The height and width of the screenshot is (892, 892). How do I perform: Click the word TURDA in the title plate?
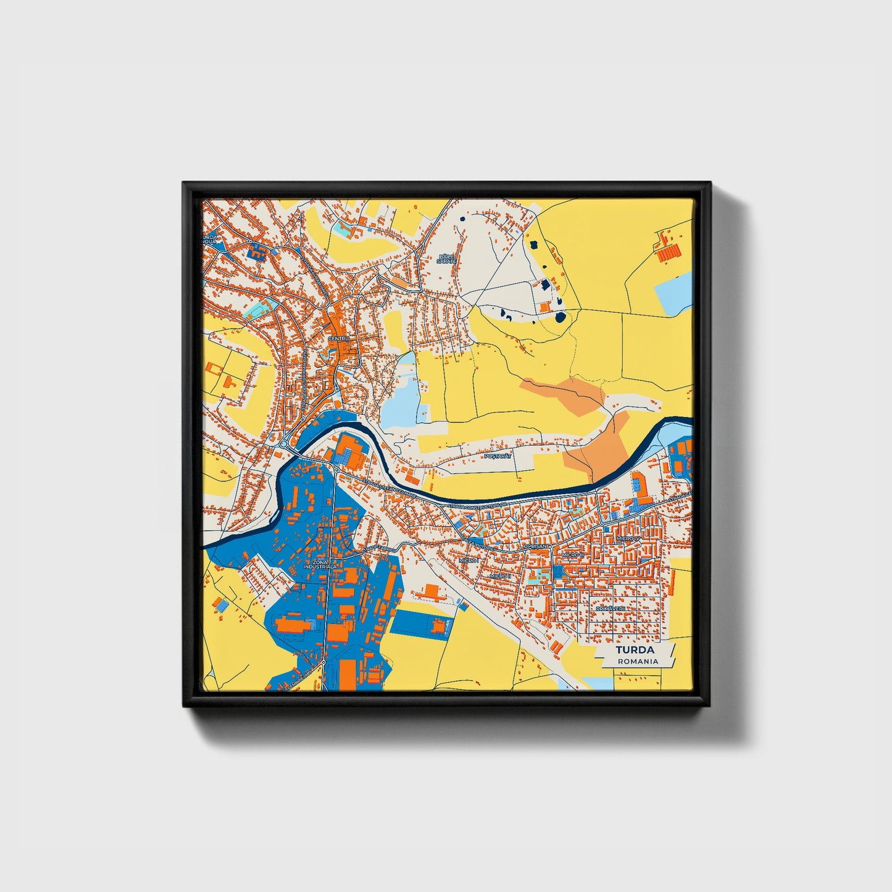tap(635, 650)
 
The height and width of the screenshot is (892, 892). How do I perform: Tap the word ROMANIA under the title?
tap(638, 661)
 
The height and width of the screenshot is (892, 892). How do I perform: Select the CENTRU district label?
tap(339, 339)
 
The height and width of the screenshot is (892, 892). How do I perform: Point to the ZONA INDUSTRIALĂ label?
tap(320, 564)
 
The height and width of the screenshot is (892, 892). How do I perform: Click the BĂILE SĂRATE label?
tap(446, 258)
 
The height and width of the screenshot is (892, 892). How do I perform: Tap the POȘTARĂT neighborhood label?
tap(498, 456)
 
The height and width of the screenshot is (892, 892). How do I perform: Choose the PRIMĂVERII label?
tap(611, 608)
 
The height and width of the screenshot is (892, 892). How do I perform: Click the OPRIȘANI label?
tap(536, 546)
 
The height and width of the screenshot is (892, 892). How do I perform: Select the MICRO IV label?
tap(629, 539)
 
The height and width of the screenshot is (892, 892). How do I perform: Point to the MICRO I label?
tap(467, 560)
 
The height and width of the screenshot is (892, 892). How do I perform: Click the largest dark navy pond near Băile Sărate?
tap(560, 317)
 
